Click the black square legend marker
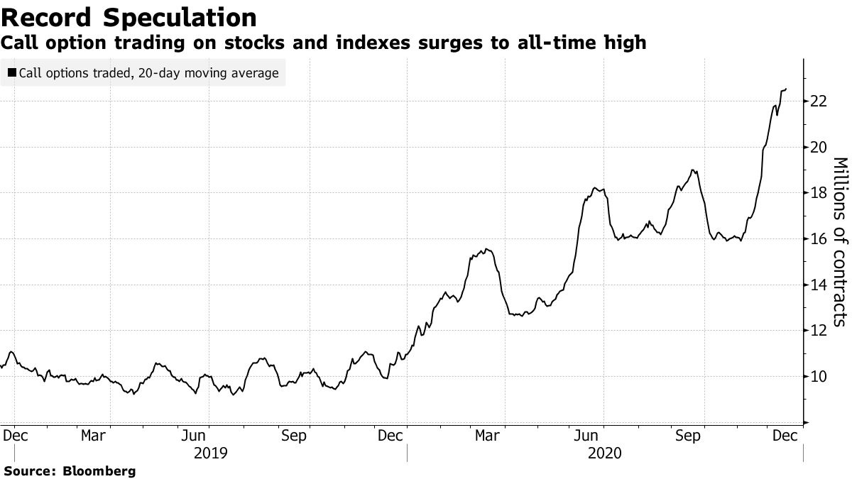12,73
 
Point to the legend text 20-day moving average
209,73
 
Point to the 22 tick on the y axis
819,101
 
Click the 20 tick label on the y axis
819,148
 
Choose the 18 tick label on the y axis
819,193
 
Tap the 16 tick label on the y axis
819,239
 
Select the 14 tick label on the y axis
819,285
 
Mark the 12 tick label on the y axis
819,331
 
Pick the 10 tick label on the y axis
819,376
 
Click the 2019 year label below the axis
210,452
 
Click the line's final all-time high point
785,89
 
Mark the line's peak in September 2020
692,170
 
